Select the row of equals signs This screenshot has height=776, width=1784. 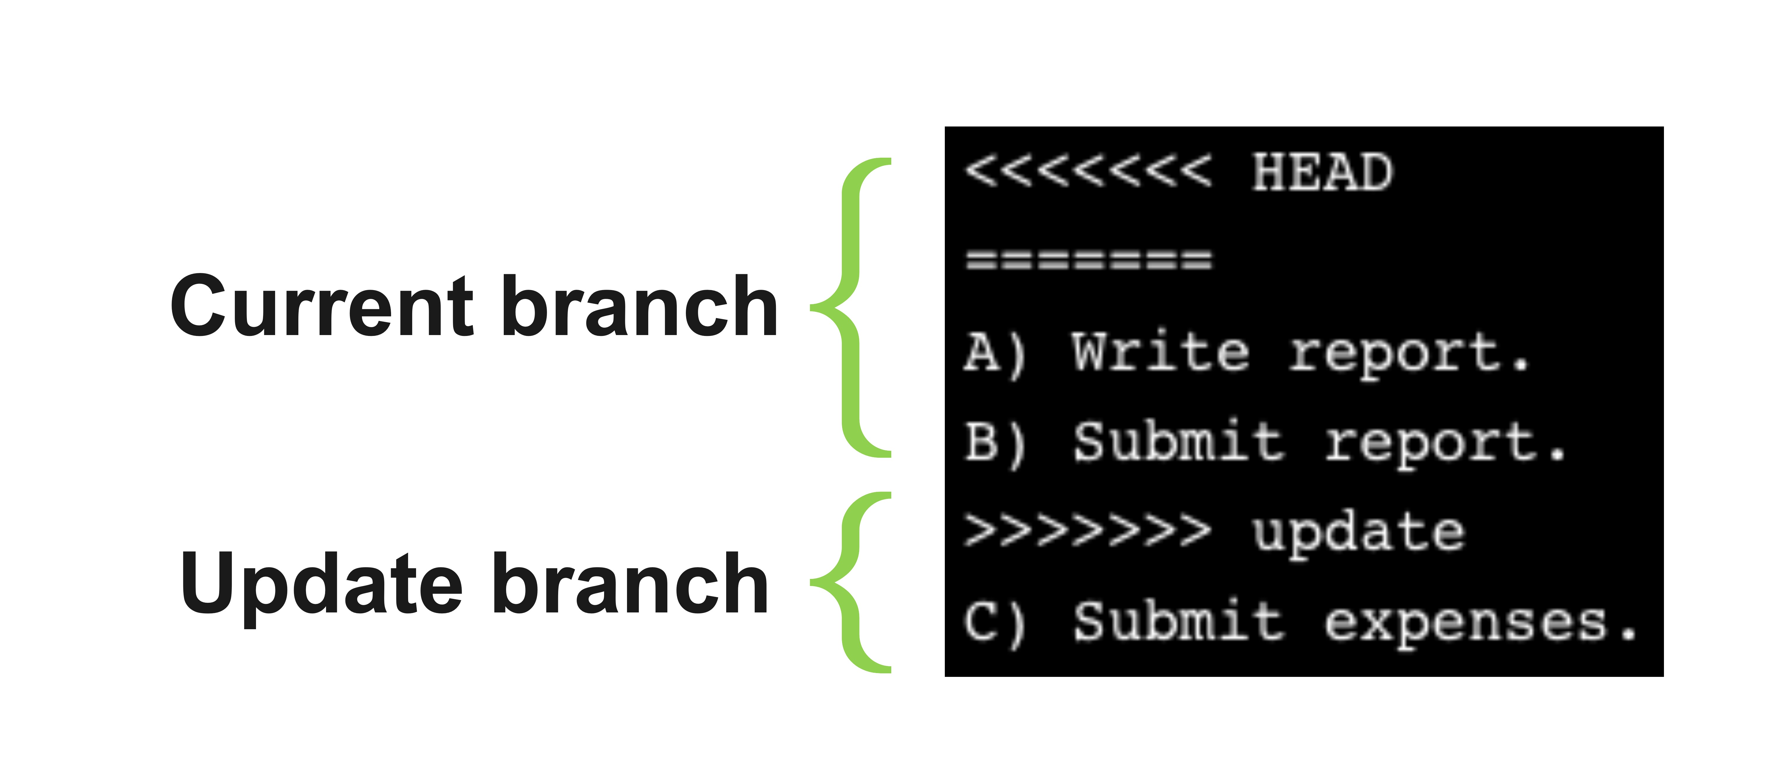tap(1089, 259)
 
